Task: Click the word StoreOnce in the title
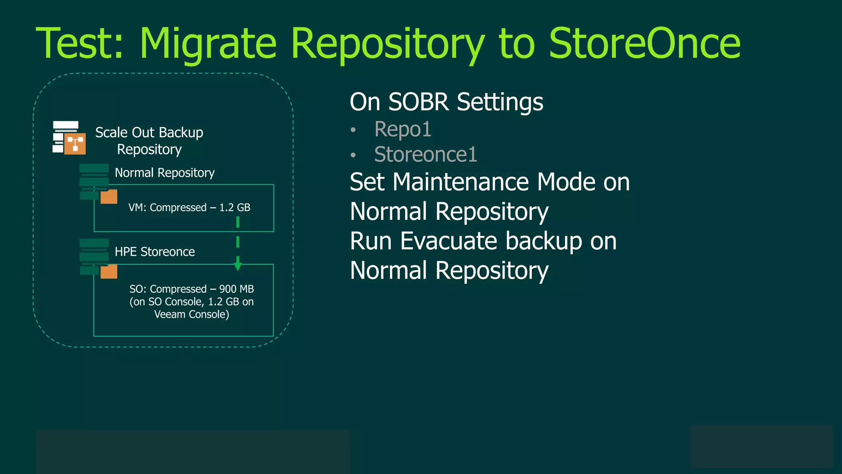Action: click(644, 44)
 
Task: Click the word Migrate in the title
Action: click(208, 44)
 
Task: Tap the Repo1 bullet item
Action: click(402, 129)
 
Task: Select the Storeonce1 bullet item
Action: click(426, 155)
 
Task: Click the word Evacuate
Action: click(448, 241)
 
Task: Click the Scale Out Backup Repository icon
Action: click(69, 138)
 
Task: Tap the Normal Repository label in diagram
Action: click(164, 173)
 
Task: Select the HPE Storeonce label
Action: click(155, 252)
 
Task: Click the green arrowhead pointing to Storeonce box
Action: click(238, 266)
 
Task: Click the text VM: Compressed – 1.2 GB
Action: click(189, 207)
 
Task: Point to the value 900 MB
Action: click(236, 289)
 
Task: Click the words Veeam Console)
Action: click(192, 314)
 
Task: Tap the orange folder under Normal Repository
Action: click(109, 197)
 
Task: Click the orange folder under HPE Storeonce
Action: click(109, 272)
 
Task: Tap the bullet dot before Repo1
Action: click(353, 130)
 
